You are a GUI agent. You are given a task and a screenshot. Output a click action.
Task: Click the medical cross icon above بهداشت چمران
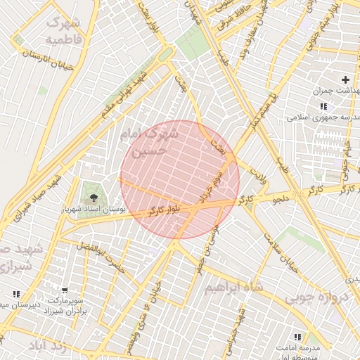coord(345,80)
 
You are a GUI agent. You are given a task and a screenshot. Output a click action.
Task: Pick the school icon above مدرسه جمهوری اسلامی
coord(323,105)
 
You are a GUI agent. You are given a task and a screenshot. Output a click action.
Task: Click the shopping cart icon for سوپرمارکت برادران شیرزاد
coord(65,290)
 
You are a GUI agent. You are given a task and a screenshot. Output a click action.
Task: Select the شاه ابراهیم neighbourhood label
coord(233,288)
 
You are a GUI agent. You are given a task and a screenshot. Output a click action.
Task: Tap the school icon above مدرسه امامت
coord(297,337)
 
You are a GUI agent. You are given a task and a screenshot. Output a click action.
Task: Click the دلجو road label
coord(281,200)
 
